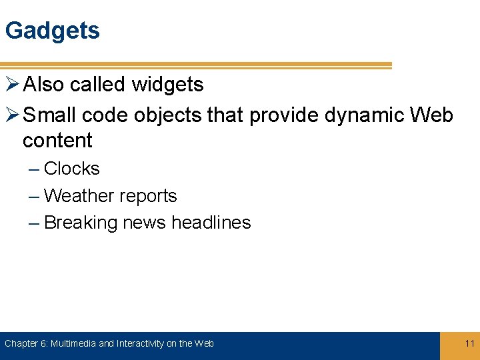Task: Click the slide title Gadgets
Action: click(52, 31)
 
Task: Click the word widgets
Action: click(167, 85)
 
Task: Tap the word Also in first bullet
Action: click(44, 85)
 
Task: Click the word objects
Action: click(167, 115)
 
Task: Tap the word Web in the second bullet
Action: click(431, 115)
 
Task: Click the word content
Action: click(57, 141)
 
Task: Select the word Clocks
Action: click(71, 169)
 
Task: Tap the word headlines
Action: click(211, 223)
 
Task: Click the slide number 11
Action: click(469, 343)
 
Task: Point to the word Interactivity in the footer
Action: click(140, 343)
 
